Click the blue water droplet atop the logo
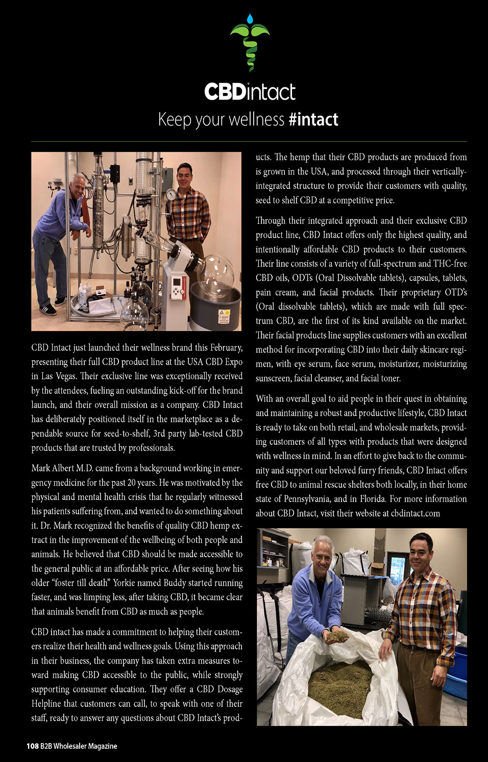coord(250,19)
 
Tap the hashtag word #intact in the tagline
coord(313,120)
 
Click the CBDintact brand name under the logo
coord(250,92)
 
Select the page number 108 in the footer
coord(32,746)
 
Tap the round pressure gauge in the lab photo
coord(170,194)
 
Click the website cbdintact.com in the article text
coord(415,513)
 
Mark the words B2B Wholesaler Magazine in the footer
coord(79,746)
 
